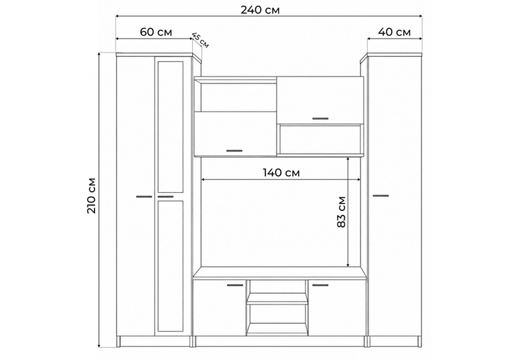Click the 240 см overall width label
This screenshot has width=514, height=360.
pos(260,10)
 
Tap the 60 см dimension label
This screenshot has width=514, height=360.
pos(155,32)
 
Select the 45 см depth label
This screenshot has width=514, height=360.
pos(200,40)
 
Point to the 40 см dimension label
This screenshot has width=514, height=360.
pos(394,32)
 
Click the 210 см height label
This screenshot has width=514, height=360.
pos(92,195)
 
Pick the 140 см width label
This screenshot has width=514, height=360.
pos(281,172)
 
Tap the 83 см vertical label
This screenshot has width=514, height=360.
pos(341,212)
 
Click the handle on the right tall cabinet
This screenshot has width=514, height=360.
pos(380,195)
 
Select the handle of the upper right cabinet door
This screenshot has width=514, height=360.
pos(320,118)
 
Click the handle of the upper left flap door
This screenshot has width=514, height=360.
pos(235,151)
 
